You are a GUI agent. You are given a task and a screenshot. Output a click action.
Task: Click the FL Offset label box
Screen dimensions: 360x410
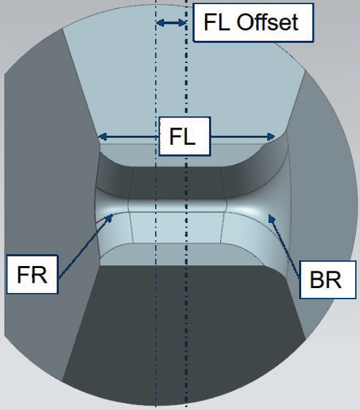pyautogui.click(x=253, y=22)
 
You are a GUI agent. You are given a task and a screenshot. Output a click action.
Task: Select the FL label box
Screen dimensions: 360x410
pyautogui.click(x=185, y=136)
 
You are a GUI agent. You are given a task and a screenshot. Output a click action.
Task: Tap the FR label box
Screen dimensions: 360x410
pyautogui.click(x=32, y=274)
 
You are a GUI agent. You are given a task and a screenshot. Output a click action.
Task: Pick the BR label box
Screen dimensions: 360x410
pyautogui.click(x=327, y=280)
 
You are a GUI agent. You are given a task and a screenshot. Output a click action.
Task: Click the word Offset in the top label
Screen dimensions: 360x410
pyautogui.click(x=267, y=22)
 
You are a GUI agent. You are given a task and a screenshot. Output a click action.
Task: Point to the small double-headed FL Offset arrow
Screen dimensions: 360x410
pyautogui.click(x=171, y=23)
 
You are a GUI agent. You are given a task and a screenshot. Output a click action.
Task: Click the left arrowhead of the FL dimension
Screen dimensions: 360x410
pyautogui.click(x=102, y=136)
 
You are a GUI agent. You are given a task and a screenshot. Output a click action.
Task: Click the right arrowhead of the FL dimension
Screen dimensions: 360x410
pyautogui.click(x=271, y=136)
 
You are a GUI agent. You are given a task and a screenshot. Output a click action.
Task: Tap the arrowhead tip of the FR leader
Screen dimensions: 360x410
pyautogui.click(x=113, y=215)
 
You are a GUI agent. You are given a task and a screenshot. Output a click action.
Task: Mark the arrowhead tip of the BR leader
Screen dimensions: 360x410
pyautogui.click(x=269, y=215)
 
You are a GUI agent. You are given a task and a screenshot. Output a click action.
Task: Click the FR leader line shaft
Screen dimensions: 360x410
pyautogui.click(x=84, y=247)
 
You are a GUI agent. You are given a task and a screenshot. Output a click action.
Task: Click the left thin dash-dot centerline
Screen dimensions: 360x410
pyautogui.click(x=156, y=205)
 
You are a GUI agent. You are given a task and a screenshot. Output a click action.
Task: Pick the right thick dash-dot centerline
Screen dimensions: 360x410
pyautogui.click(x=186, y=205)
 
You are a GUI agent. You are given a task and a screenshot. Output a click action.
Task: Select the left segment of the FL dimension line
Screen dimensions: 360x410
pyautogui.click(x=128, y=136)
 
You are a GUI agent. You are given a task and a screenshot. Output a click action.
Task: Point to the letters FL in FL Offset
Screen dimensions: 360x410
pyautogui.click(x=218, y=22)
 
